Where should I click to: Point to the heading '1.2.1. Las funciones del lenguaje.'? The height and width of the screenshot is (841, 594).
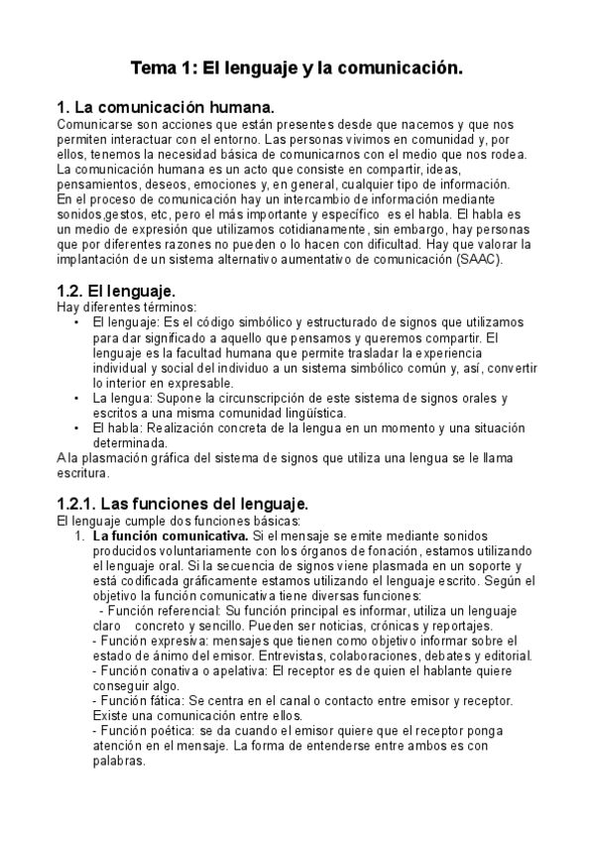click(183, 503)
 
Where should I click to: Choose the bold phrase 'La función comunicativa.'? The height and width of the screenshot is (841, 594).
click(162, 537)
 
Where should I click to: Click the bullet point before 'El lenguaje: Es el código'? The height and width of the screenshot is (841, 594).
click(77, 323)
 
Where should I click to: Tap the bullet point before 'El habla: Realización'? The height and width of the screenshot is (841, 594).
click(77, 428)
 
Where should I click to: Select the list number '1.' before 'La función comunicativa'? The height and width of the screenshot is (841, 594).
click(81, 537)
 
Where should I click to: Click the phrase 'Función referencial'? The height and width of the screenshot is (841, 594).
click(159, 612)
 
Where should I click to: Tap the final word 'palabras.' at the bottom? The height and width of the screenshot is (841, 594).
click(117, 762)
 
